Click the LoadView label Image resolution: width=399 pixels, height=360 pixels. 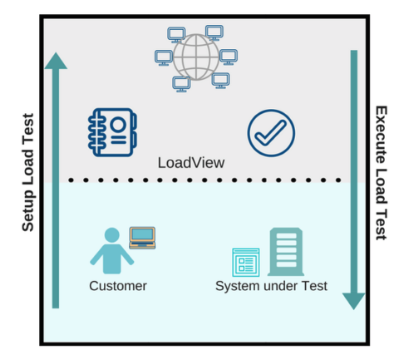point(190,163)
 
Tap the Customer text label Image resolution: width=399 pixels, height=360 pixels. point(118,286)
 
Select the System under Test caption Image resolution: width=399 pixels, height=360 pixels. point(271,286)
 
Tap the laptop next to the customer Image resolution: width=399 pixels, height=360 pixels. point(143,237)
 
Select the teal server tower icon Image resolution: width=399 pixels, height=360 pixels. point(285,250)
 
